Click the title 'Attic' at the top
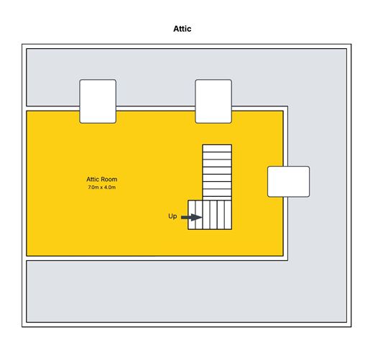(182, 29)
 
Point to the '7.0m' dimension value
(93, 188)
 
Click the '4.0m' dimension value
(110, 188)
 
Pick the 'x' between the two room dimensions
(101, 188)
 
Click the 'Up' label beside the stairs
(172, 216)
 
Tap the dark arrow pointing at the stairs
(192, 218)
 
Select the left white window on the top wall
(98, 101)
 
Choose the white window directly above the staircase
(213, 101)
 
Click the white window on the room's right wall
(288, 182)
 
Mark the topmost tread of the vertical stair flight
(217, 148)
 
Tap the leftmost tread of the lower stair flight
(192, 215)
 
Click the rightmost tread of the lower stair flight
(228, 215)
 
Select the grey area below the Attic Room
(187, 292)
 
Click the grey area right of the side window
(328, 182)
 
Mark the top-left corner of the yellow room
(27, 111)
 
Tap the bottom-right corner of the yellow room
(283, 256)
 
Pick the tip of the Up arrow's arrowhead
(203, 218)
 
